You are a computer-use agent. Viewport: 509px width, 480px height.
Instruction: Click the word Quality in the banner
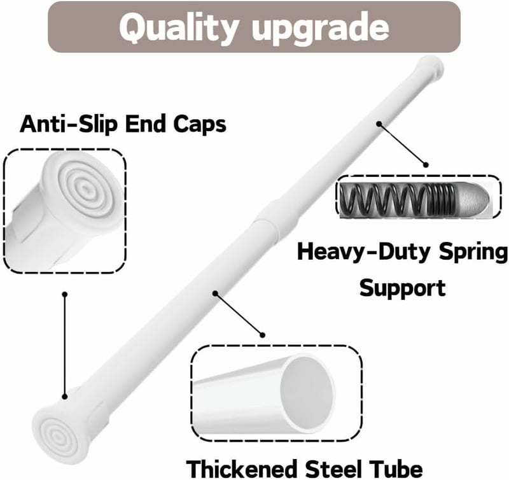[x=179, y=28]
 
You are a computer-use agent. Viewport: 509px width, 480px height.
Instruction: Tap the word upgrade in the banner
[x=320, y=30]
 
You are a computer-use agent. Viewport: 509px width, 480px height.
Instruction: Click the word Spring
[x=473, y=253]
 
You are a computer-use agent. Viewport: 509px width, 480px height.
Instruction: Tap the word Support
[x=403, y=288]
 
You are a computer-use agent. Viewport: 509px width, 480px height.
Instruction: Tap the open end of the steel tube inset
[x=307, y=393]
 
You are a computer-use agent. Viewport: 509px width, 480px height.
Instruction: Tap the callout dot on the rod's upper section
[x=379, y=124]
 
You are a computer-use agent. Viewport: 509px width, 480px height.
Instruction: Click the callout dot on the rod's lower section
[x=215, y=293]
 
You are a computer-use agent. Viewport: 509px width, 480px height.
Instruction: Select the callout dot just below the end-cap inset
[x=65, y=294]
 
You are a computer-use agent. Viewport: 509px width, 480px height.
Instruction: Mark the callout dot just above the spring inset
[x=426, y=165]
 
